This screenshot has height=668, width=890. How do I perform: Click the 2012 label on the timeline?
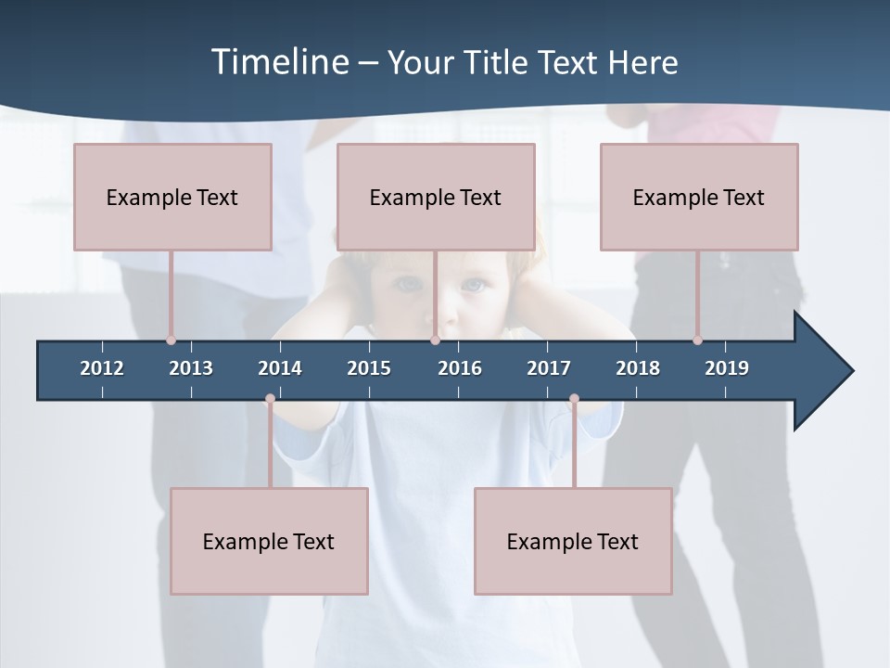pos(102,368)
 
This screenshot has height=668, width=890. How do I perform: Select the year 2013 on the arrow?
pos(191,368)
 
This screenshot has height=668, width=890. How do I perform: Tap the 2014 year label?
pos(280,368)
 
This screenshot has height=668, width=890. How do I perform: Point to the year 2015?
pos(369,368)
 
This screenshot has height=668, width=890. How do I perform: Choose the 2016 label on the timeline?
pos(460,368)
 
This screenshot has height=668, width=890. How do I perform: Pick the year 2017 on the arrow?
pos(549,368)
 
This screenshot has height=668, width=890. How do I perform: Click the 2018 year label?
pos(638,368)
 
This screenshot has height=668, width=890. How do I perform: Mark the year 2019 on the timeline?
pos(727,368)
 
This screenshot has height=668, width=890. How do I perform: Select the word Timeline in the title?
pos(279,62)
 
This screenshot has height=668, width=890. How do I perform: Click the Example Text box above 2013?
pos(172,197)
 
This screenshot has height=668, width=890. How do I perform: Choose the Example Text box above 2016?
pos(436,197)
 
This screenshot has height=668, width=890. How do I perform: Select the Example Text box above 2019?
pos(699,197)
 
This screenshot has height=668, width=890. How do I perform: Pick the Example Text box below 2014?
pos(269,541)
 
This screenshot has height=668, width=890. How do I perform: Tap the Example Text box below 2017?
pos(573,541)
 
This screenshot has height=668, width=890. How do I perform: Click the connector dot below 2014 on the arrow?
pos(270,399)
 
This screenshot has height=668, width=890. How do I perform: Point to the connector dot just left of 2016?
pos(435,340)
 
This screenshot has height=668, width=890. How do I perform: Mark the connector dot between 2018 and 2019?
pos(697,340)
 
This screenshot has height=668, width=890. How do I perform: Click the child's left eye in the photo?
pos(473,285)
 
